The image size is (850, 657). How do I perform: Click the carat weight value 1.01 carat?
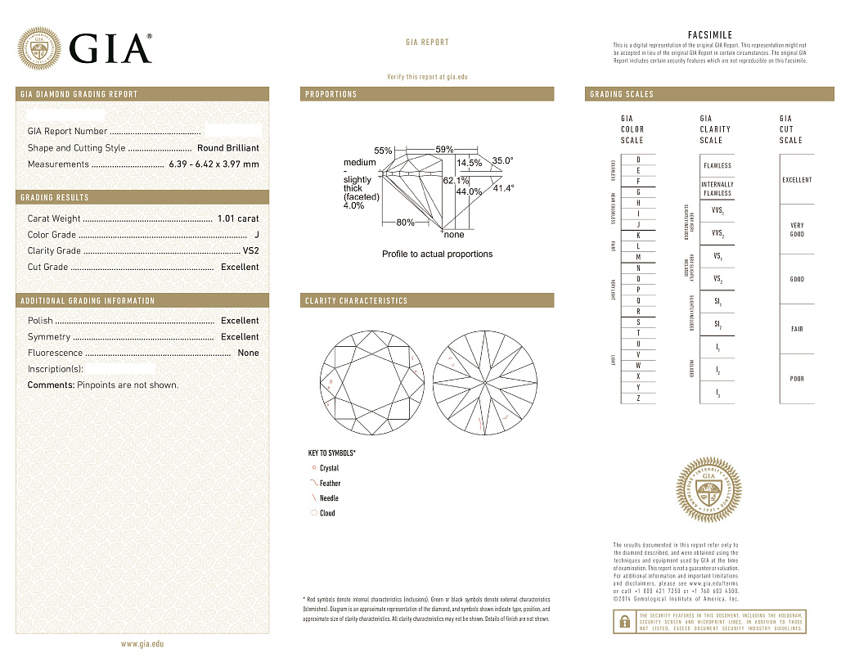click(x=238, y=218)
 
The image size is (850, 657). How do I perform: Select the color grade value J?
click(x=256, y=235)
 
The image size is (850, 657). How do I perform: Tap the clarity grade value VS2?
click(x=250, y=250)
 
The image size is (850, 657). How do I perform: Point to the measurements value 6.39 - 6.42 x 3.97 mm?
click(x=214, y=164)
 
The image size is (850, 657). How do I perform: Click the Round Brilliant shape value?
click(x=228, y=148)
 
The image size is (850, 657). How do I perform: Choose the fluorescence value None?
click(x=248, y=353)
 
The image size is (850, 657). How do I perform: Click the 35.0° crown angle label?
click(x=502, y=161)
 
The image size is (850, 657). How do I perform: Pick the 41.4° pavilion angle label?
click(x=503, y=188)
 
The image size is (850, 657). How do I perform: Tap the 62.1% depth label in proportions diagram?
click(x=456, y=180)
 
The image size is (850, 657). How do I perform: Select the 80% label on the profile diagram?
click(x=405, y=222)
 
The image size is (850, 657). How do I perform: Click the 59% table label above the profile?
click(x=444, y=149)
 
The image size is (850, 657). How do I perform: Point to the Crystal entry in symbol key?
click(x=329, y=468)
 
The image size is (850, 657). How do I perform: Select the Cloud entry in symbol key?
click(x=326, y=513)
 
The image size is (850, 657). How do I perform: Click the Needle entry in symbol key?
click(x=329, y=498)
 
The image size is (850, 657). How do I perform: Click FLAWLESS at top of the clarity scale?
click(x=717, y=165)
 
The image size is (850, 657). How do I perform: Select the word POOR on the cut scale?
click(x=797, y=379)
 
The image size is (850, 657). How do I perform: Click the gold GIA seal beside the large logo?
click(x=39, y=49)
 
